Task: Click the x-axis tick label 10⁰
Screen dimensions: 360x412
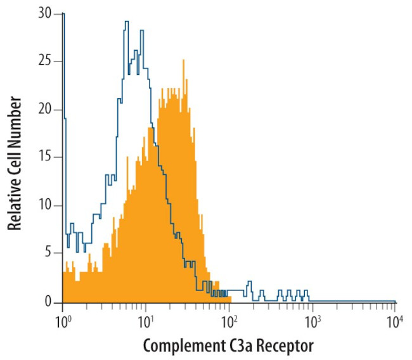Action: coord(63,321)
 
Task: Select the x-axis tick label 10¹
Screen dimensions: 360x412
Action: coord(145,321)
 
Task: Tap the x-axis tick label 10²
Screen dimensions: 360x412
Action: coord(228,321)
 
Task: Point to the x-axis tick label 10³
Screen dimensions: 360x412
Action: coord(311,321)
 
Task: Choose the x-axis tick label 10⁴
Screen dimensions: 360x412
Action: coord(394,321)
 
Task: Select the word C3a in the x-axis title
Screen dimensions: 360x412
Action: coord(239,346)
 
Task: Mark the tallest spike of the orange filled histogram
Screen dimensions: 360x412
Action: coord(183,61)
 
